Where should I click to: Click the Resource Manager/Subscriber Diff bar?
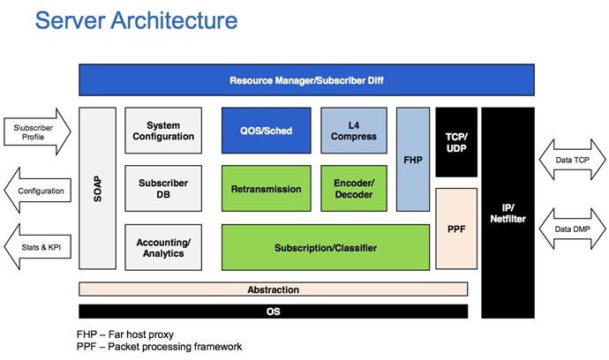pyautogui.click(x=306, y=80)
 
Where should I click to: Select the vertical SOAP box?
pyautogui.click(x=97, y=188)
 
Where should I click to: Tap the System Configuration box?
pyautogui.click(x=163, y=131)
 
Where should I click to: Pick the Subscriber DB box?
pyautogui.click(x=163, y=188)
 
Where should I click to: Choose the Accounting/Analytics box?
pyautogui.click(x=163, y=247)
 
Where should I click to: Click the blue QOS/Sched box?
pyautogui.click(x=266, y=131)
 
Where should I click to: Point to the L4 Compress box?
pyautogui.click(x=354, y=131)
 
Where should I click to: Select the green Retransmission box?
pyautogui.click(x=266, y=188)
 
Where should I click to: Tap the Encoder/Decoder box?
pyautogui.click(x=354, y=188)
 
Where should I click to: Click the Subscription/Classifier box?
pyautogui.click(x=326, y=247)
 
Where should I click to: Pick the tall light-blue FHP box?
pyautogui.click(x=413, y=160)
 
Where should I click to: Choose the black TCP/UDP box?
pyautogui.click(x=456, y=142)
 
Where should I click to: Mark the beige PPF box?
pyautogui.click(x=456, y=229)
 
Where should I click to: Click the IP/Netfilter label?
pyautogui.click(x=507, y=214)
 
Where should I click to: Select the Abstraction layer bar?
pyautogui.click(x=273, y=289)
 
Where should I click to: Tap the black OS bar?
pyautogui.click(x=273, y=311)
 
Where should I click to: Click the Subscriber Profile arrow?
pyautogui.click(x=37, y=131)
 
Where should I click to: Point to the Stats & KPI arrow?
pyautogui.click(x=37, y=247)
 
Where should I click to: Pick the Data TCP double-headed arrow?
pyautogui.click(x=572, y=160)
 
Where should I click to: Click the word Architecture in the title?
pyautogui.click(x=175, y=20)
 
